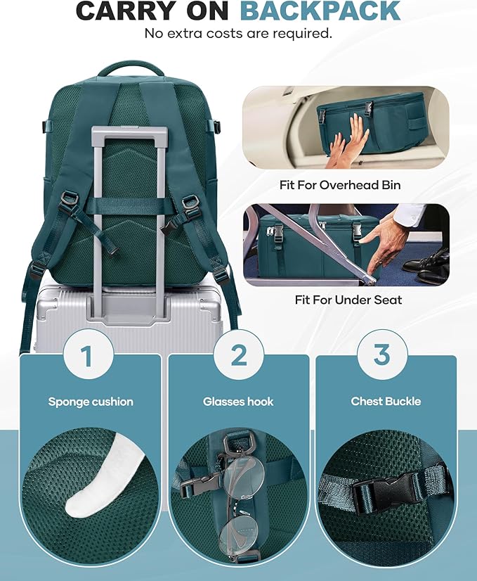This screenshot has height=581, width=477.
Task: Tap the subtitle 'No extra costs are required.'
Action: coord(238,33)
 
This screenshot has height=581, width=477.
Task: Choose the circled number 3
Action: coord(381,355)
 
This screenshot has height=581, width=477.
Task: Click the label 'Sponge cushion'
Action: coord(91,402)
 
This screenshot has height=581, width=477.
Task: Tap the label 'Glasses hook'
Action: coord(238,402)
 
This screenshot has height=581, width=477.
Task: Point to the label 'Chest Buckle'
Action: coord(386,402)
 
